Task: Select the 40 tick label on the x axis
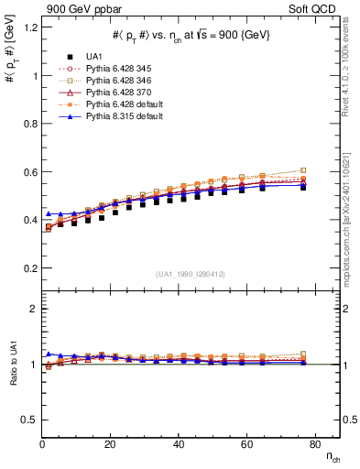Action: pos(179,444)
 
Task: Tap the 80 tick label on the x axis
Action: pos(313,444)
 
